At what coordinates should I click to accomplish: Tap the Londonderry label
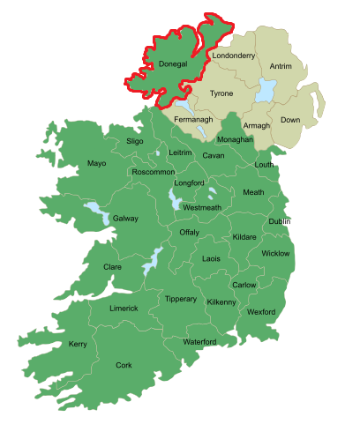pos(234,56)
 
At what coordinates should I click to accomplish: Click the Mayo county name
pos(97,164)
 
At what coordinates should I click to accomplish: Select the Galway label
pos(125,218)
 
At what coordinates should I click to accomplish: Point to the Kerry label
pos(78,344)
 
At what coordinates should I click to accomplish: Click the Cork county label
pos(124,365)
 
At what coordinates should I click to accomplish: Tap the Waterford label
pos(199,341)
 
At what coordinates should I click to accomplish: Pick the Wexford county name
pos(261,312)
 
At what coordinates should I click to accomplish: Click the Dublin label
pos(280,221)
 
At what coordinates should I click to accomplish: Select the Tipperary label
pos(181,299)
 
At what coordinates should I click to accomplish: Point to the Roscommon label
pos(153,173)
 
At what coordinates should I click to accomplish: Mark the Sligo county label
pos(134,140)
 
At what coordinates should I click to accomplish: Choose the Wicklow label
pos(275,254)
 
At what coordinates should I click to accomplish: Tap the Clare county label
pos(112,266)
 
